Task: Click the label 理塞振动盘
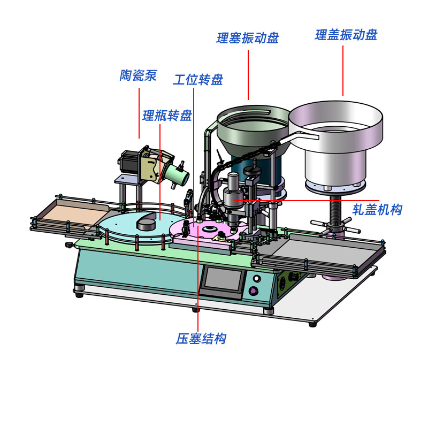(x=248, y=38)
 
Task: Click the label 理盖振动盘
(x=346, y=35)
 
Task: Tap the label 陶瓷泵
(x=138, y=75)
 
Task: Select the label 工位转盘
(x=198, y=80)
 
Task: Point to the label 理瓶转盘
(x=167, y=116)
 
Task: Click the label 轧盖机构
(x=377, y=210)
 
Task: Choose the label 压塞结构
(x=201, y=339)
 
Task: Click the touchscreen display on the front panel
(x=223, y=279)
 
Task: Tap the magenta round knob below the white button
(x=253, y=291)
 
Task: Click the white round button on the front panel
(x=257, y=279)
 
